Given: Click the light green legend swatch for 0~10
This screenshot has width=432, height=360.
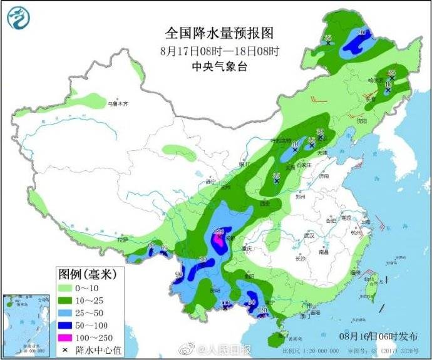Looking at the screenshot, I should [64, 289].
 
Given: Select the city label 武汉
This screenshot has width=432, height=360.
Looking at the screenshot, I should [309, 235].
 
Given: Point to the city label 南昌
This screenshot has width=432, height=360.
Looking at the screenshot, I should [324, 253].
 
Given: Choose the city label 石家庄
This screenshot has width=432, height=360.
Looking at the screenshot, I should [304, 164].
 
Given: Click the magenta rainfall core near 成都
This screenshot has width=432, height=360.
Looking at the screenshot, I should [218, 239].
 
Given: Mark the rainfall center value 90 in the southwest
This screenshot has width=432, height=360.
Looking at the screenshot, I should [179, 274].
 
